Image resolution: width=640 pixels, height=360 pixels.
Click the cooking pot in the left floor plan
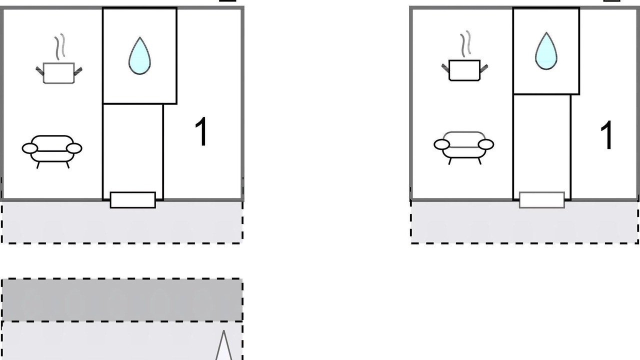[x=59, y=73]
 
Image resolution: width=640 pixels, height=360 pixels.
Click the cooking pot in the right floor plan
[x=464, y=70]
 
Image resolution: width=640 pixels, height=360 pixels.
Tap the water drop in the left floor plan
[x=139, y=56]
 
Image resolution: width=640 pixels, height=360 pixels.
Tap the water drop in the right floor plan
[x=546, y=51]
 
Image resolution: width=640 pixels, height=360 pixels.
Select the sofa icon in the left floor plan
[x=52, y=151]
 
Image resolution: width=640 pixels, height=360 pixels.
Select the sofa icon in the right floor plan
[x=463, y=147]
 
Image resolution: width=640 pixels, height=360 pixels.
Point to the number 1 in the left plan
[x=201, y=131]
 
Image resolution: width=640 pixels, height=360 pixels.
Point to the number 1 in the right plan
[x=606, y=135]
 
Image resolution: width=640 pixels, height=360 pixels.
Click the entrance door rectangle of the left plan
[x=133, y=200]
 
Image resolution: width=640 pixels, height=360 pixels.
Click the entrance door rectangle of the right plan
[x=542, y=200]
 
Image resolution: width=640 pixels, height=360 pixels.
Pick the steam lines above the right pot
[x=465, y=43]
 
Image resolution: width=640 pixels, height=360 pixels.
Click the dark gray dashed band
[x=122, y=299]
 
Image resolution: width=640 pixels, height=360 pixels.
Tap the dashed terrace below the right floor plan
[x=524, y=222]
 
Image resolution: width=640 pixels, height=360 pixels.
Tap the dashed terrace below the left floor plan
[x=122, y=222]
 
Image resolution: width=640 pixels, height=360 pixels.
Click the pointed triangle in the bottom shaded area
[x=223, y=345]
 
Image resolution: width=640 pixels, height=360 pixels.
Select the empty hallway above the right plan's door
[x=542, y=143]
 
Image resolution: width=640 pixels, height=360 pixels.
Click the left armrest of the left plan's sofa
[x=29, y=148]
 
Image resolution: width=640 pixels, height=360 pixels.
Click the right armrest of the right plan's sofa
[x=486, y=144]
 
